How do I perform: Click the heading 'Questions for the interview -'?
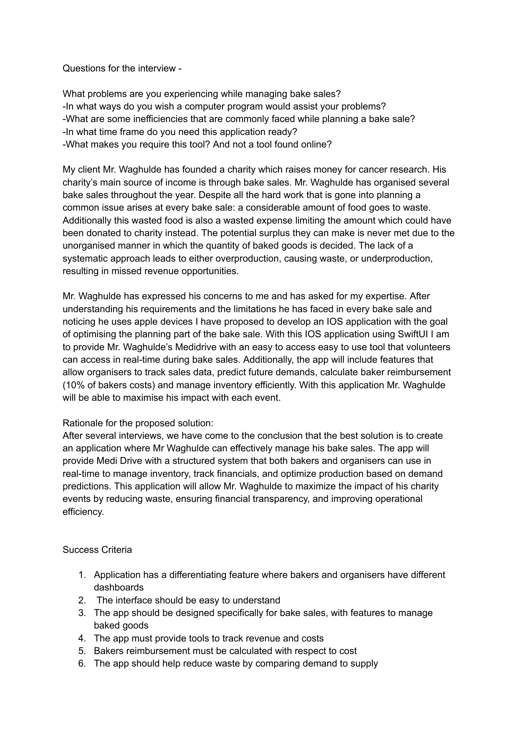click(122, 69)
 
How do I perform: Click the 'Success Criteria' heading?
click(97, 550)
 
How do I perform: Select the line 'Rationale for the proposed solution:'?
click(138, 423)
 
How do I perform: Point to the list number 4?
click(82, 638)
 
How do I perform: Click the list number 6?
click(82, 664)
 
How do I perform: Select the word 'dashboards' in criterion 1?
click(119, 588)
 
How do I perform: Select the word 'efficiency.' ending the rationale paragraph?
click(83, 512)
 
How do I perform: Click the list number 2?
click(82, 601)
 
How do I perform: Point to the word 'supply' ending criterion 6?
click(364, 664)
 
